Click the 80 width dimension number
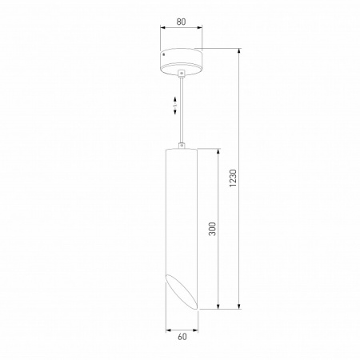coord(182,22)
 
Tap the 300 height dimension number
coord(212,230)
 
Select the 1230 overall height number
coord(233,178)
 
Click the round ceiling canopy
coord(182,60)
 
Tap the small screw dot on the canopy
coord(163,54)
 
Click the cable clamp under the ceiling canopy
coord(182,74)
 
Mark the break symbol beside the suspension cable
coord(176,103)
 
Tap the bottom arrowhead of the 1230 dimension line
coord(240,308)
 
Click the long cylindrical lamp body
coord(182,216)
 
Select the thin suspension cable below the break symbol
coord(182,128)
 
